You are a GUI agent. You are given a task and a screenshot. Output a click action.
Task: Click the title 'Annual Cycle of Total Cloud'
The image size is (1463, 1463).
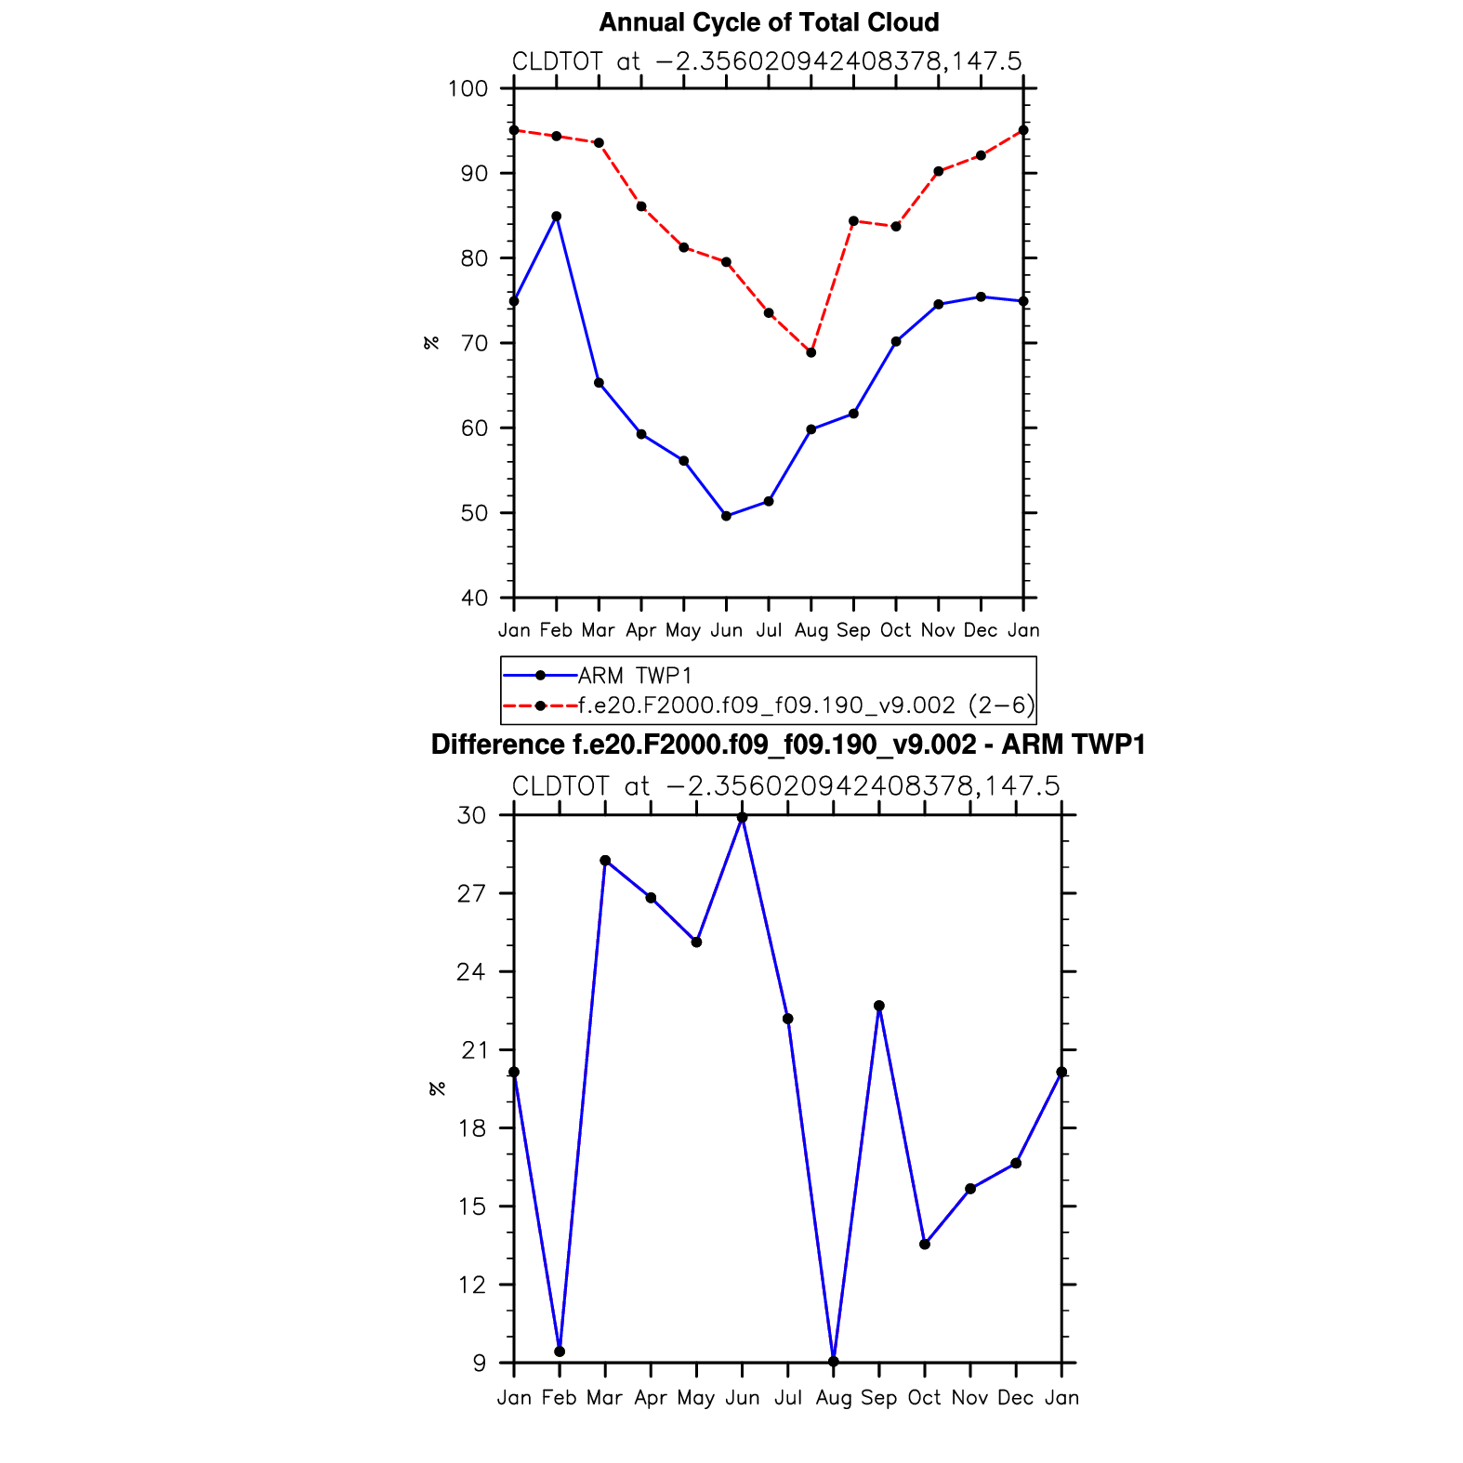[769, 22]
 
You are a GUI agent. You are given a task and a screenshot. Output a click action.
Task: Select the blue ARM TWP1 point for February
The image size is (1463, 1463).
[556, 217]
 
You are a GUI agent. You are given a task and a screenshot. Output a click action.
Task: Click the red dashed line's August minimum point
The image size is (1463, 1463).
[811, 353]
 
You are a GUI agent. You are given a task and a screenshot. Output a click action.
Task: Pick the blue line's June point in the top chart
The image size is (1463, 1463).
[726, 516]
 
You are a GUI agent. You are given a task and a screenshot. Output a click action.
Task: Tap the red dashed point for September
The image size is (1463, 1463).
[853, 221]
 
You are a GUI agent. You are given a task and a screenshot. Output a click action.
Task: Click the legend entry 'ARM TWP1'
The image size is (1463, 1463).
[635, 676]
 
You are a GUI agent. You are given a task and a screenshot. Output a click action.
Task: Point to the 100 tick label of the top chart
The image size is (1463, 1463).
[468, 89]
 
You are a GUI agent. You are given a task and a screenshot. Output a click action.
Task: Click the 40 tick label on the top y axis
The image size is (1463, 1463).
[474, 599]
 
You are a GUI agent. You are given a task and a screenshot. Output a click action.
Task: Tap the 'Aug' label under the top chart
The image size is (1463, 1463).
[811, 630]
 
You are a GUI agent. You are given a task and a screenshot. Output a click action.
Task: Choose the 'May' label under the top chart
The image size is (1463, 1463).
[683, 630]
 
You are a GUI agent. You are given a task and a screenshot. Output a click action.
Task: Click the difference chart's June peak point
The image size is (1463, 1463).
[742, 818]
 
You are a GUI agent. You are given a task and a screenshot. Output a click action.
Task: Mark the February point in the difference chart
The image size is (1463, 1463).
[560, 1351]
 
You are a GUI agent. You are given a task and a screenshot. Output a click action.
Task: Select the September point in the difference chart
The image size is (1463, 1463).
[879, 1006]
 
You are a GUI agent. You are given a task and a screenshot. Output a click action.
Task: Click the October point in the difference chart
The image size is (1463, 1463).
[925, 1245]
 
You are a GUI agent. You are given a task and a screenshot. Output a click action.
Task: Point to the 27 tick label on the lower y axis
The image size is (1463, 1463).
[472, 894]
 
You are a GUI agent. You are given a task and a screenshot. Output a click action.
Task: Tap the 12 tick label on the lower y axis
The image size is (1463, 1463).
[472, 1285]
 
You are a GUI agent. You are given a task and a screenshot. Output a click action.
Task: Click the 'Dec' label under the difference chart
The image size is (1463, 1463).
[1016, 1398]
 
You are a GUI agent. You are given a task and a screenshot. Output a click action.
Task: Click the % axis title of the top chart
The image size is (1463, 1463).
[431, 343]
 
